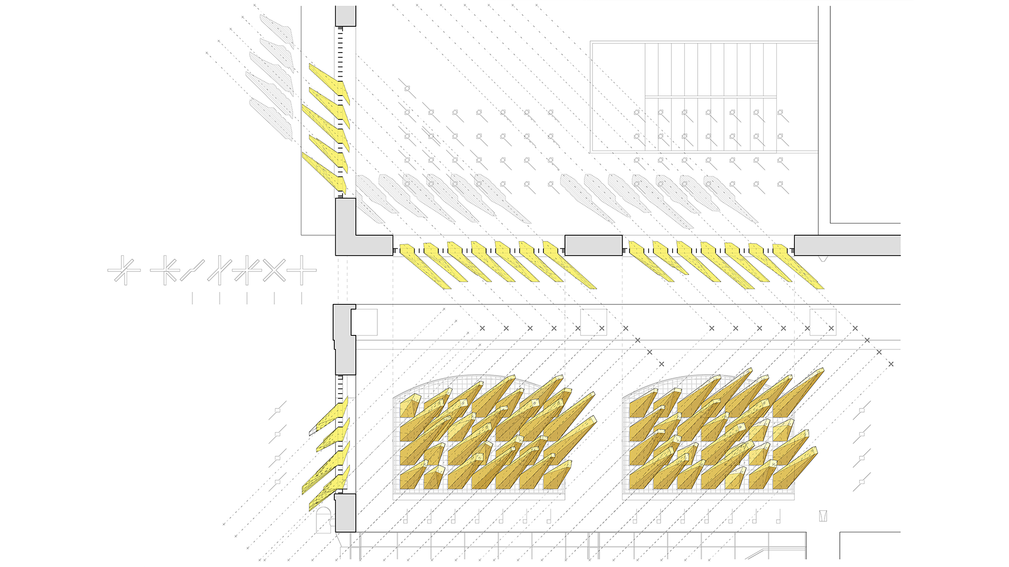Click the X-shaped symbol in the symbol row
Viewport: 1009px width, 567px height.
point(274,271)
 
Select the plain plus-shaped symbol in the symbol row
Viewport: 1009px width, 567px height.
point(302,271)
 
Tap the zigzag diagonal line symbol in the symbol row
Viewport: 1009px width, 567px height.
point(192,271)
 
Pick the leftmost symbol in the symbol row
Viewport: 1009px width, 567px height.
point(124,271)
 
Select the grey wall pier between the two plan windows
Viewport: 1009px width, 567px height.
point(593,245)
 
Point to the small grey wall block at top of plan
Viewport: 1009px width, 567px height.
point(345,16)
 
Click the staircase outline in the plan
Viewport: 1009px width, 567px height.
point(704,97)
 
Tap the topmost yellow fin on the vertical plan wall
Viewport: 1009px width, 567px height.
point(328,81)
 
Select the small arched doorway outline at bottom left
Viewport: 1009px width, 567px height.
point(324,520)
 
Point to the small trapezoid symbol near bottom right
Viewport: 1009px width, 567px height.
point(823,516)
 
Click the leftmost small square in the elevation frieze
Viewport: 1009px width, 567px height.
point(367,322)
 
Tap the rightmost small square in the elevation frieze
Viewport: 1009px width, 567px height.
point(822,322)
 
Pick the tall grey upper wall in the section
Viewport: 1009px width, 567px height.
point(344,341)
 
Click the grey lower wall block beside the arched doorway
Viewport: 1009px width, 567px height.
point(345,512)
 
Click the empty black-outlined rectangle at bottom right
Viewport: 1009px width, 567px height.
point(870,546)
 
